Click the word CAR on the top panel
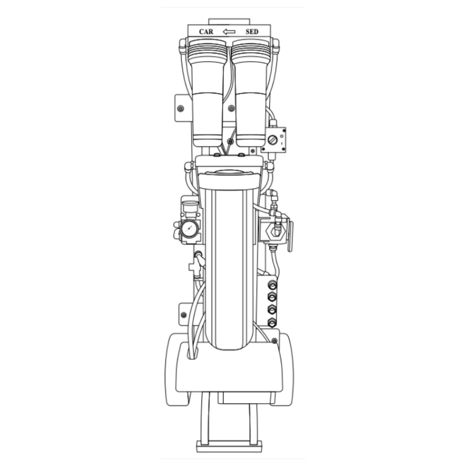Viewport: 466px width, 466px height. pyautogui.click(x=206, y=31)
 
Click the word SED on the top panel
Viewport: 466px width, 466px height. pyautogui.click(x=252, y=31)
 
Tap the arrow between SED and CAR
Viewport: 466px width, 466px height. pyautogui.click(x=229, y=31)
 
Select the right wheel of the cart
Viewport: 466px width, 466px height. pyautogui.click(x=284, y=369)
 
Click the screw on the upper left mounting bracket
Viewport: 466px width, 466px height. pyautogui.click(x=181, y=108)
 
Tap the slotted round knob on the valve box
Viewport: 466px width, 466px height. pyautogui.click(x=273, y=139)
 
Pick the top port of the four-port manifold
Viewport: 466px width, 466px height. pyautogui.click(x=272, y=285)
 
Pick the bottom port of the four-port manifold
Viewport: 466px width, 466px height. pyautogui.click(x=272, y=322)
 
